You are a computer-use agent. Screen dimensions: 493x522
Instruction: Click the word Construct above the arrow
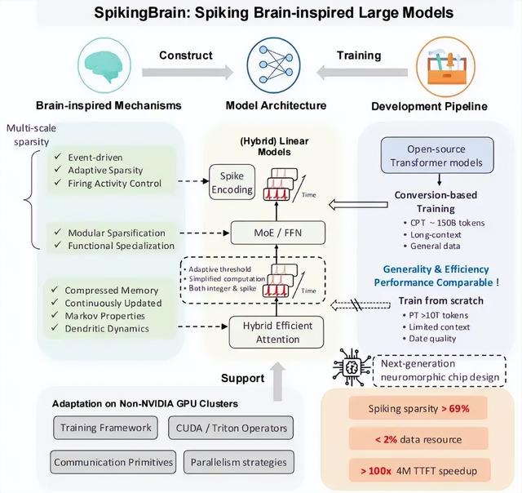tap(188, 55)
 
